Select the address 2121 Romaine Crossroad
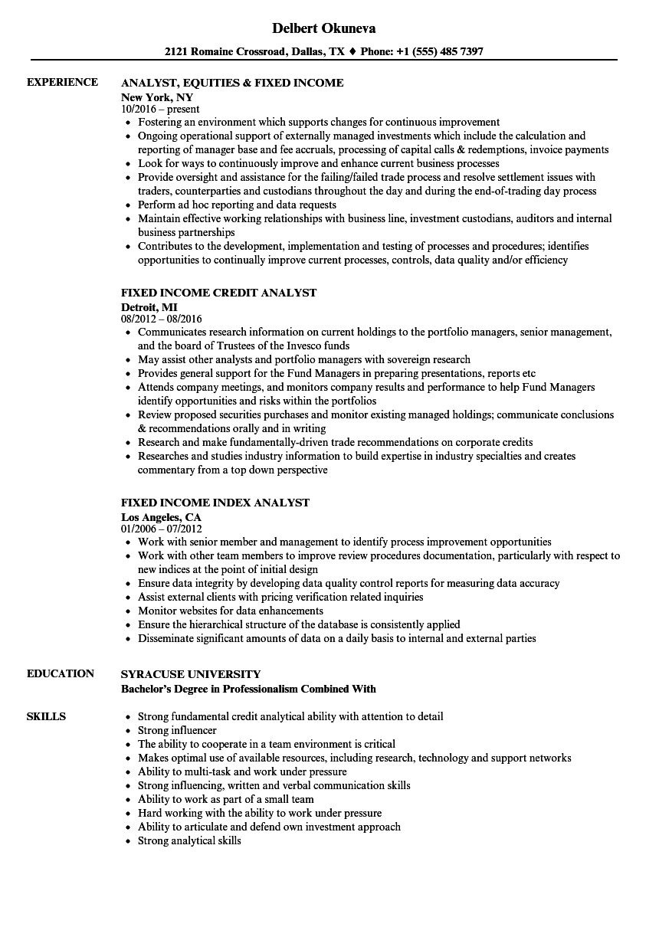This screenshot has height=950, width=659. tap(225, 52)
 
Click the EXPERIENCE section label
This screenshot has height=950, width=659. tap(62, 82)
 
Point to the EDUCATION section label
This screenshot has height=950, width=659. tap(61, 673)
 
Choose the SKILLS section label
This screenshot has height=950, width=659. tap(46, 716)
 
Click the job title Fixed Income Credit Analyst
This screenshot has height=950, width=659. tap(218, 293)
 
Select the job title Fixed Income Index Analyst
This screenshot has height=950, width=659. tap(215, 503)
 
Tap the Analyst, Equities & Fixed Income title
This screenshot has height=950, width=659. tap(232, 83)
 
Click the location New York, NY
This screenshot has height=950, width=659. tap(157, 97)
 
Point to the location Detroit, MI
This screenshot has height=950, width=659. tap(149, 306)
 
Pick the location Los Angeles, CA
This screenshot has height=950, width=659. tap(161, 516)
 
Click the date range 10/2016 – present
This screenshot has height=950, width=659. tap(160, 110)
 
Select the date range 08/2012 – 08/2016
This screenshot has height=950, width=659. tap(162, 319)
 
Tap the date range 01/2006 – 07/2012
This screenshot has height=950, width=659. tap(161, 529)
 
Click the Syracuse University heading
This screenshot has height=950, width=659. tap(191, 674)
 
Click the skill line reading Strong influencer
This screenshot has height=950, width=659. tap(177, 730)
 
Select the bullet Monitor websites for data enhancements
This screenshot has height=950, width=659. tap(230, 611)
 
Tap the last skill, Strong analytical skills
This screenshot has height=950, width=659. tap(189, 840)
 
